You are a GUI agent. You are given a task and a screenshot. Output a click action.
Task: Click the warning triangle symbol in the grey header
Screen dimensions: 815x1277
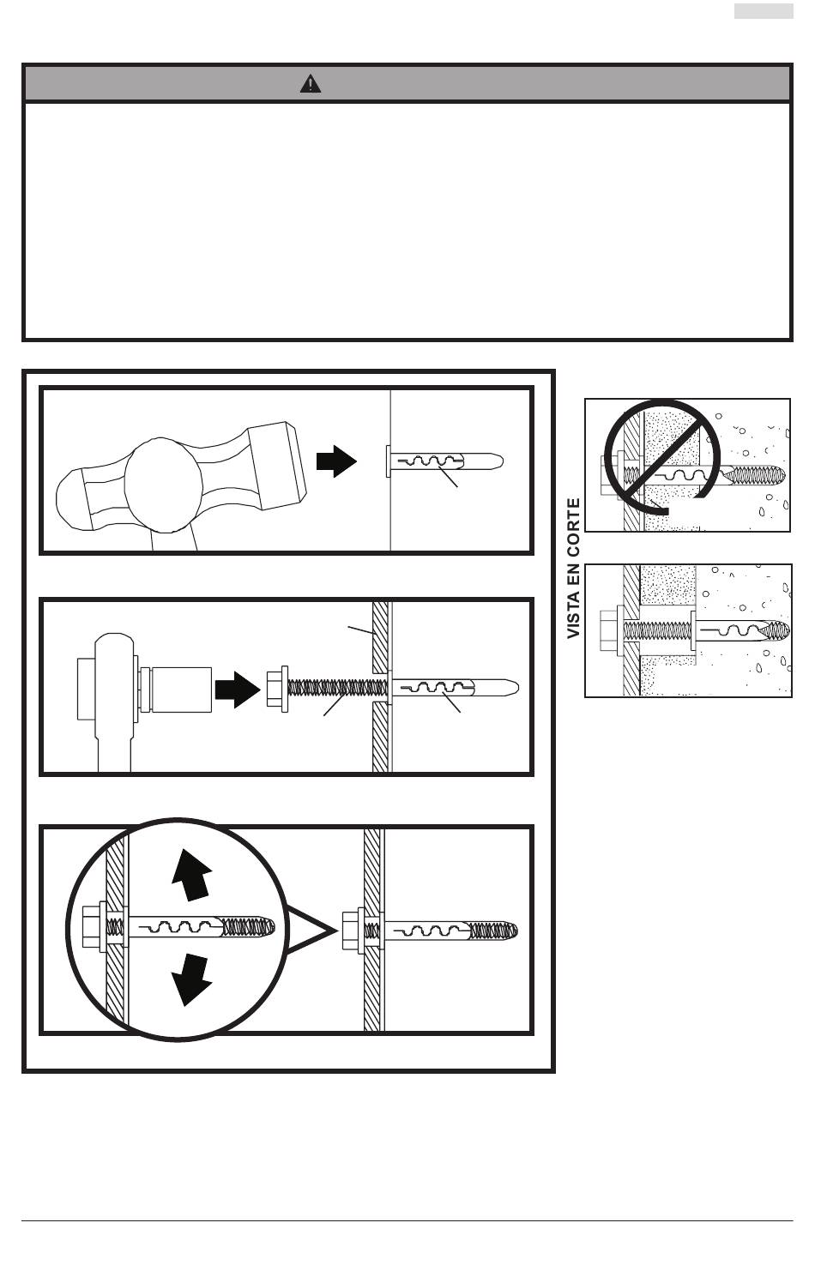tap(311, 84)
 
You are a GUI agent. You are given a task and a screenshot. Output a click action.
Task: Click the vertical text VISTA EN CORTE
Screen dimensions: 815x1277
tap(573, 569)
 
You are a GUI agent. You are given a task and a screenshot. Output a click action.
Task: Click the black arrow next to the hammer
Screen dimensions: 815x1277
tap(336, 461)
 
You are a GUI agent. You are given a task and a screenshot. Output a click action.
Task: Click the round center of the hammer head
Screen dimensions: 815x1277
tap(163, 485)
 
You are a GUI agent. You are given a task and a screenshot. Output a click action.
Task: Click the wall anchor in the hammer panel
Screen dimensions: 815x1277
tap(445, 461)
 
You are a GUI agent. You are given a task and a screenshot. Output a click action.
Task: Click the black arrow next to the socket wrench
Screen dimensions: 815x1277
tap(238, 690)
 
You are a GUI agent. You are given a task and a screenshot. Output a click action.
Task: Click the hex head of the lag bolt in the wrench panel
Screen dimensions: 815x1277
tap(277, 689)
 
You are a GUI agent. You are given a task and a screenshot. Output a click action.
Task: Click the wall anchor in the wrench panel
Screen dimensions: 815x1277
tap(454, 688)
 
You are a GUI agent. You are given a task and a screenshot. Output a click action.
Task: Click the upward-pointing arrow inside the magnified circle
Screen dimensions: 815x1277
tap(192, 875)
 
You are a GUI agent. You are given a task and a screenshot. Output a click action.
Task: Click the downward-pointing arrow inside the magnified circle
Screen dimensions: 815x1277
tap(192, 980)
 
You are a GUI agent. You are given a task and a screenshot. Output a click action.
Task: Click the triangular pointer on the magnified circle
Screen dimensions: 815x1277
tap(311, 931)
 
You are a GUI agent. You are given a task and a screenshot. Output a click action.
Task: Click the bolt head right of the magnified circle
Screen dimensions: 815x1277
tap(353, 931)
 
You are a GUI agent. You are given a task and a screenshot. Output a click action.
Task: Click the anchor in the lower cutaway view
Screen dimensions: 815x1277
tap(740, 630)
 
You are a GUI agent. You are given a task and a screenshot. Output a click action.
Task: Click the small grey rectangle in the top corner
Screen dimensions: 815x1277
tap(764, 11)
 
